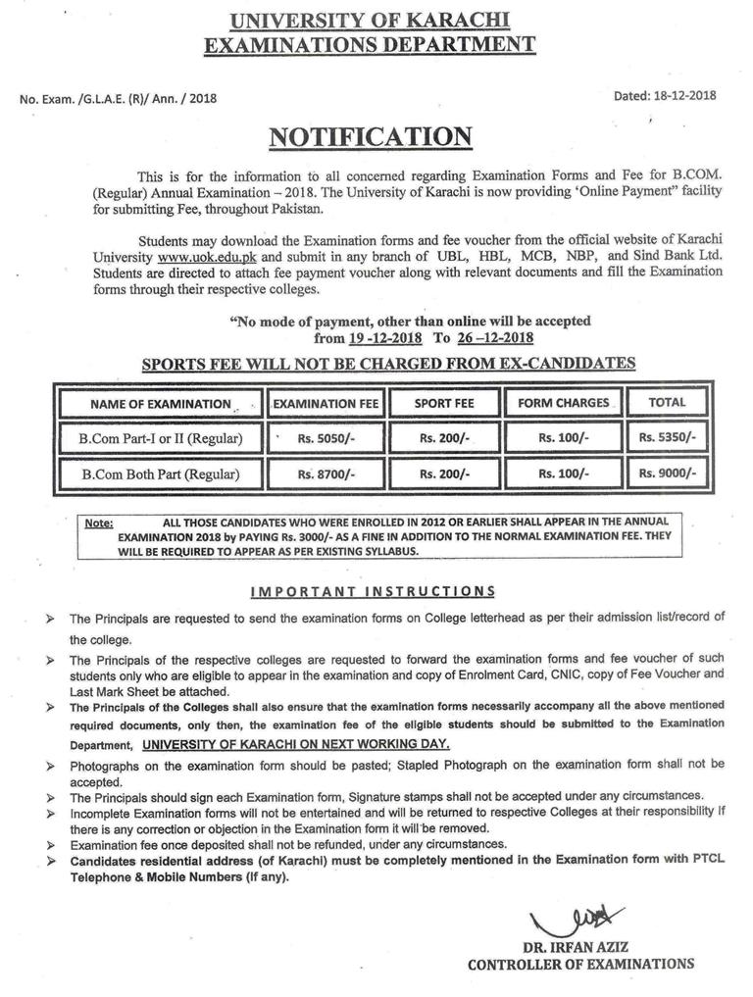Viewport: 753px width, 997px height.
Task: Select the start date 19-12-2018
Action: [x=384, y=338]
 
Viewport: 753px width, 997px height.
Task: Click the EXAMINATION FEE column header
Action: [x=326, y=403]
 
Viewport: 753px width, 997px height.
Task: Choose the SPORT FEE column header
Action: [x=446, y=403]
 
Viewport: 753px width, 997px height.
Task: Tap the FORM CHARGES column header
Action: [x=563, y=403]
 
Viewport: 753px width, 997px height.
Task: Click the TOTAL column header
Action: [x=667, y=402]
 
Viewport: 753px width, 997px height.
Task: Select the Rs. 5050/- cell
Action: [x=326, y=439]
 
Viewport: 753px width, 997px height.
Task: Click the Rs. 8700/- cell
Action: [x=326, y=474]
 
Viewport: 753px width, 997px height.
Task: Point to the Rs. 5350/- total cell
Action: [x=667, y=438]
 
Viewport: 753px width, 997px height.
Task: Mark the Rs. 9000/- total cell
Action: [x=667, y=474]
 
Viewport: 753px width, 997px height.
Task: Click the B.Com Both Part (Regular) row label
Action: [x=159, y=475]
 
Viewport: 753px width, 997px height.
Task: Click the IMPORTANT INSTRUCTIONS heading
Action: [x=372, y=592]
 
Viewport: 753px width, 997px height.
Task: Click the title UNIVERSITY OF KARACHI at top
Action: [x=371, y=21]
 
